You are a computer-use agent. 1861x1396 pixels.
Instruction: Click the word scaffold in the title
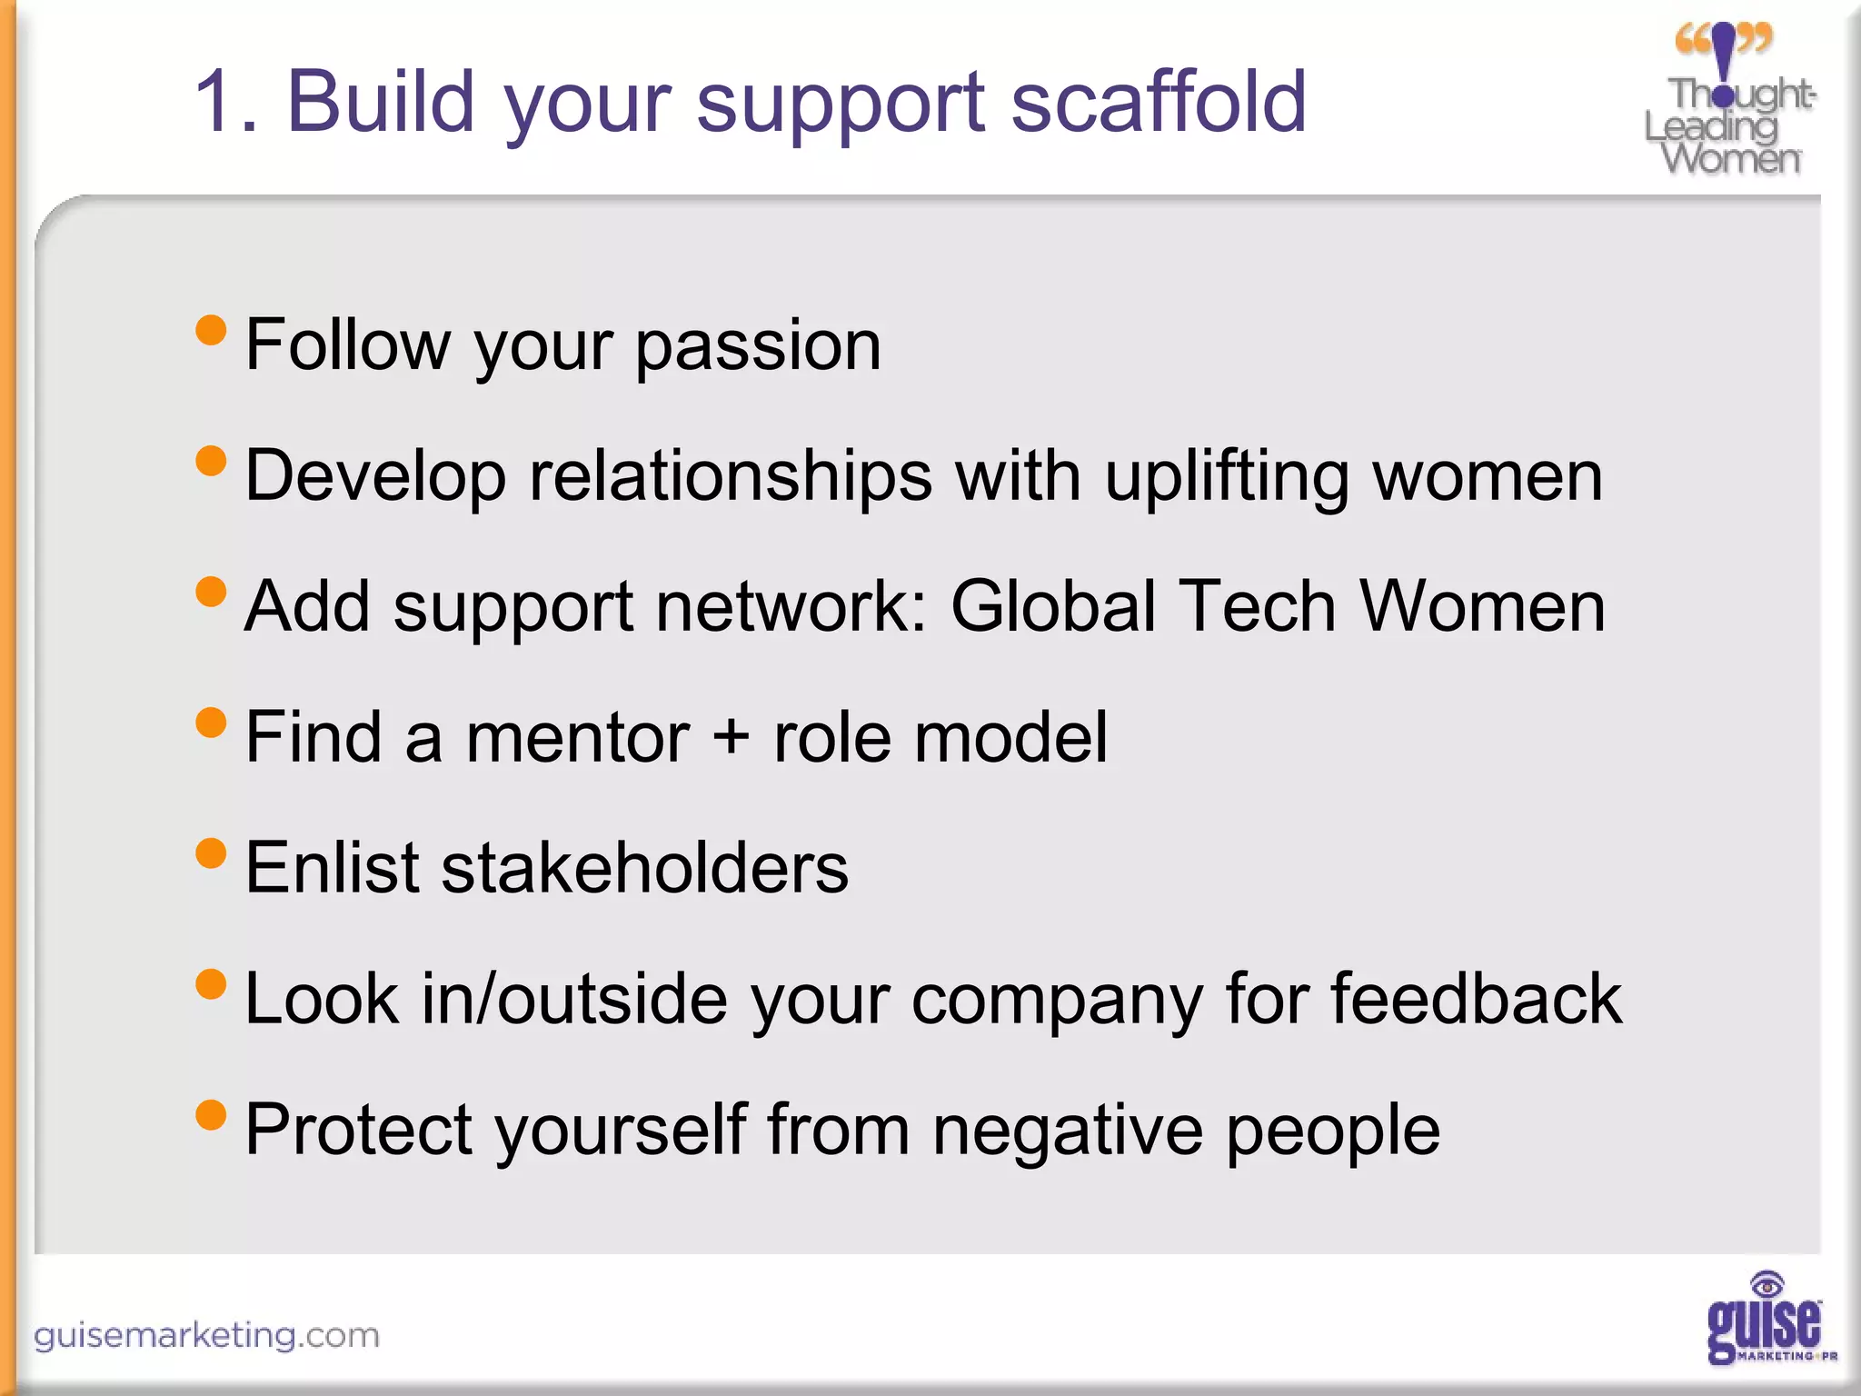[x=1159, y=102]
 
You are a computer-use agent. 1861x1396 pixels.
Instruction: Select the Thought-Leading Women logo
[x=1729, y=100]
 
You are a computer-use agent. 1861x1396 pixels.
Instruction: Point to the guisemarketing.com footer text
[x=206, y=1335]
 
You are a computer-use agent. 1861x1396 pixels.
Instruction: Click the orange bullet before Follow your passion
[x=211, y=330]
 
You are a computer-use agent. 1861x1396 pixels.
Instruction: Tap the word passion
[x=758, y=347]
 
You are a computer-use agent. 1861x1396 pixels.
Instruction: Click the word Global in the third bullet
[x=1052, y=607]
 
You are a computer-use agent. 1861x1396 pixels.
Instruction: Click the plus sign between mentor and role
[x=731, y=738]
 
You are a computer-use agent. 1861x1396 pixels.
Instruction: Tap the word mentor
[x=578, y=738]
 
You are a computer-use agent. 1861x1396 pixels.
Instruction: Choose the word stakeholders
[x=645, y=868]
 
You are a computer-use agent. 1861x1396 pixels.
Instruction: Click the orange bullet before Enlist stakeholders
[x=211, y=853]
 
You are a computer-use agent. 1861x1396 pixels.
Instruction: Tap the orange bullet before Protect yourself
[x=211, y=1114]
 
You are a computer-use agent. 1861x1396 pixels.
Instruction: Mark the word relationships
[x=731, y=476]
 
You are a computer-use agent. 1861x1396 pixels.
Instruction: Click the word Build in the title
[x=382, y=102]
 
